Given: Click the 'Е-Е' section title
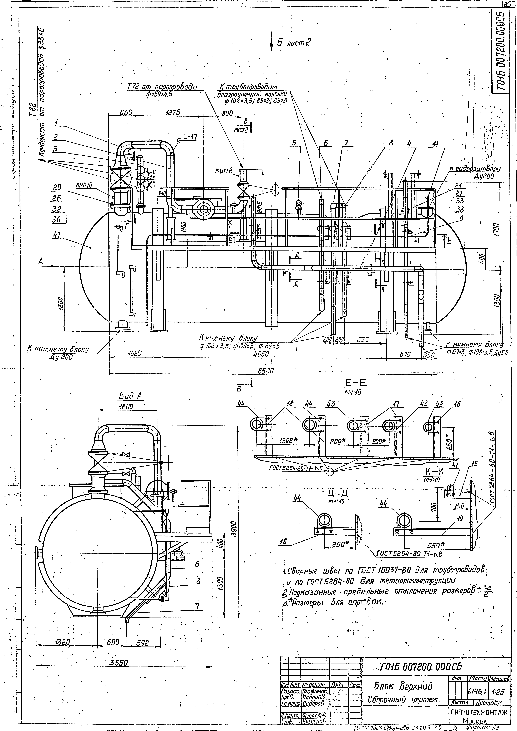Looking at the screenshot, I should point(356,382).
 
